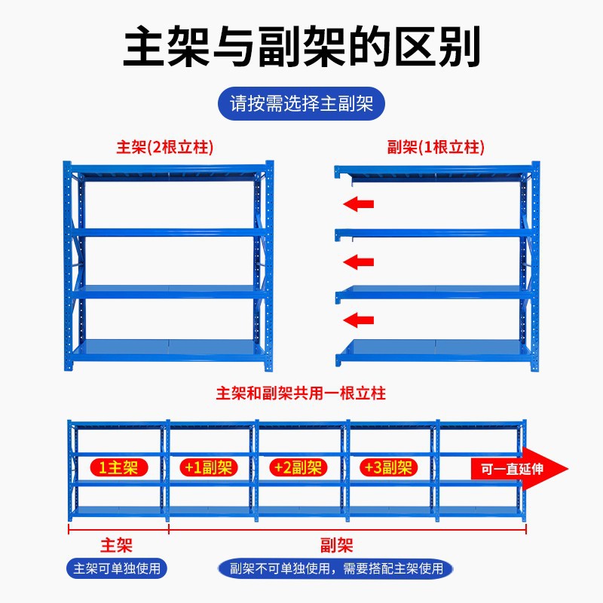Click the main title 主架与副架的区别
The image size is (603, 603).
[301, 47]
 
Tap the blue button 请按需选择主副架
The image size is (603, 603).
[301, 103]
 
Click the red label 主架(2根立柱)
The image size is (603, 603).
[165, 147]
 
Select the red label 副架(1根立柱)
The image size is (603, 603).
[436, 147]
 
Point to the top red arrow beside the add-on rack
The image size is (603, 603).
[359, 204]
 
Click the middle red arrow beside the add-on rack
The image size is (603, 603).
[359, 262]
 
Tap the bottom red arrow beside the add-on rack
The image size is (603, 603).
[359, 320]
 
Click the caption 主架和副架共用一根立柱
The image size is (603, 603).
[301, 393]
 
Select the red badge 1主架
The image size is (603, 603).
[118, 467]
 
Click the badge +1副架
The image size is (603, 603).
[207, 467]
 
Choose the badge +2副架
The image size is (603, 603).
[297, 467]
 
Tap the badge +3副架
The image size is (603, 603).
[387, 467]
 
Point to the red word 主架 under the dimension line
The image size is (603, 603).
[117, 544]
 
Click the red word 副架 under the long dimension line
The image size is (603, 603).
[335, 544]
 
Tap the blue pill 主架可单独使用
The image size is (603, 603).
[117, 568]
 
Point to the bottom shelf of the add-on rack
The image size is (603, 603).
[433, 349]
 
